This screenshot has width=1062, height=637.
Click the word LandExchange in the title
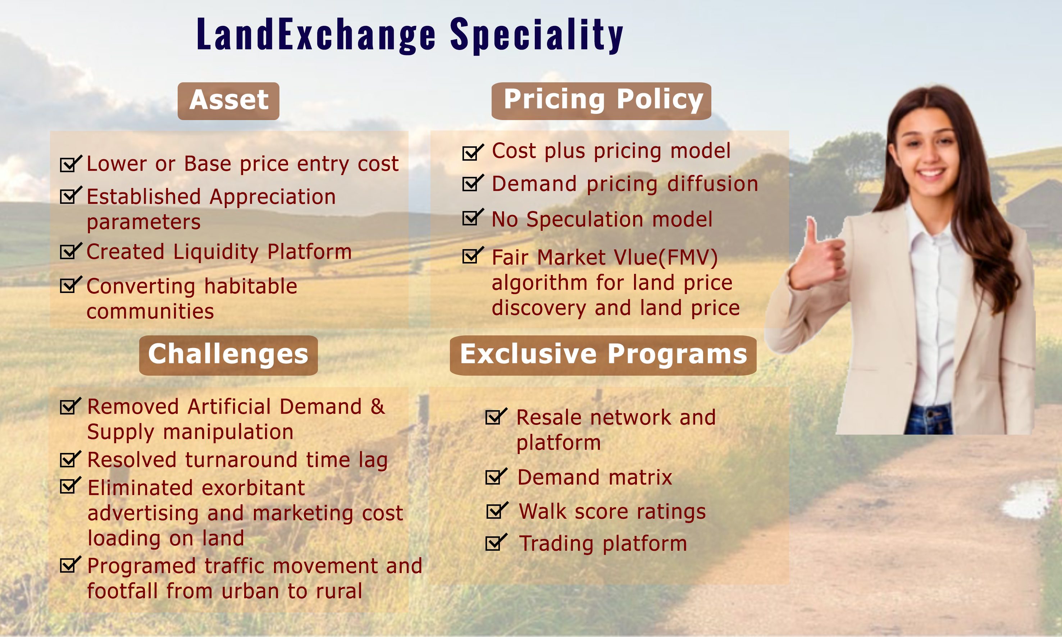click(316, 35)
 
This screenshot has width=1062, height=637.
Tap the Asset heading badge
click(228, 101)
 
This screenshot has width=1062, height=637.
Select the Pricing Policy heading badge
click(601, 101)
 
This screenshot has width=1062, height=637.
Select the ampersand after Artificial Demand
click(378, 407)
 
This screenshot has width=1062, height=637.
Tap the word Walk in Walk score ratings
click(543, 512)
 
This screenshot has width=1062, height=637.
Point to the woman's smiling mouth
click(931, 173)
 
